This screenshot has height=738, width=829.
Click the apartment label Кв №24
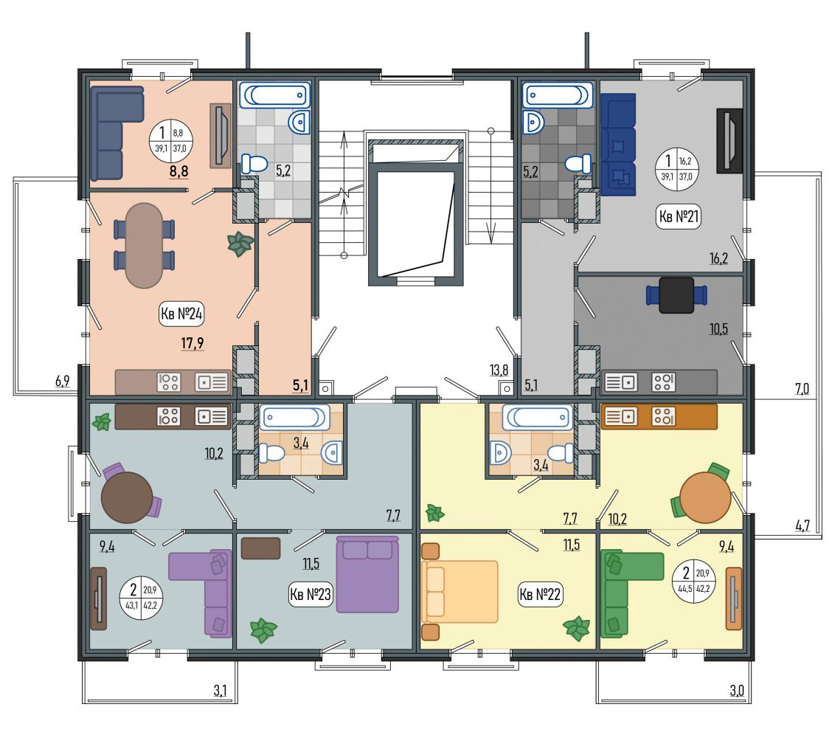(x=181, y=314)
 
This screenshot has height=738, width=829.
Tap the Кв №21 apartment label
(x=679, y=216)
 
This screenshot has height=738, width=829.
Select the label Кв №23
(x=311, y=594)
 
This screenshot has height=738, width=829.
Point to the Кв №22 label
(x=540, y=594)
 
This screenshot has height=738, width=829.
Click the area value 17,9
(x=192, y=343)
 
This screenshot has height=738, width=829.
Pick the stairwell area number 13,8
(x=499, y=370)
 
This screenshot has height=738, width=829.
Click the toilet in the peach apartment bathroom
(x=254, y=164)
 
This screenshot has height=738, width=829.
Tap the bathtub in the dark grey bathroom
(x=558, y=96)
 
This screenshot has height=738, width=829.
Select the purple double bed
(x=367, y=574)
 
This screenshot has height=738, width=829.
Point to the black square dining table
(x=677, y=294)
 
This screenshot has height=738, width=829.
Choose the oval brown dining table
(x=144, y=246)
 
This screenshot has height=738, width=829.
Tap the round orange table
(x=705, y=498)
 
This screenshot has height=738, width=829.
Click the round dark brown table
(x=127, y=498)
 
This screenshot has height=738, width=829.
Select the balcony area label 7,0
(x=802, y=390)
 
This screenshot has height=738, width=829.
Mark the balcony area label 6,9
(x=63, y=381)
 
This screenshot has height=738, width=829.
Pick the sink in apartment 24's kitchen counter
(x=212, y=382)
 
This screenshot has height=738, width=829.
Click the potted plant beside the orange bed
(x=576, y=629)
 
